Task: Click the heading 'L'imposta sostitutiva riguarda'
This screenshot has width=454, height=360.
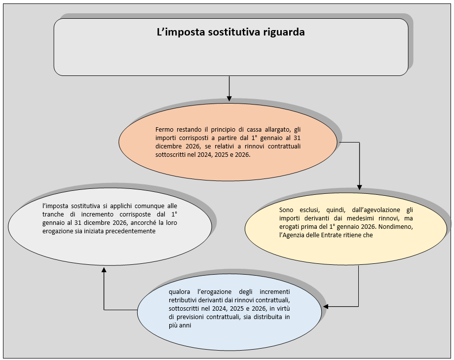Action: (230, 33)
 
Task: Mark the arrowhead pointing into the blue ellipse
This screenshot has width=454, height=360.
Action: (326, 306)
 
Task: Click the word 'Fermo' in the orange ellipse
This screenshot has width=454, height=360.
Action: (164, 129)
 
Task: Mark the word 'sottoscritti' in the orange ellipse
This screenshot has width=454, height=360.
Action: (172, 154)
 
